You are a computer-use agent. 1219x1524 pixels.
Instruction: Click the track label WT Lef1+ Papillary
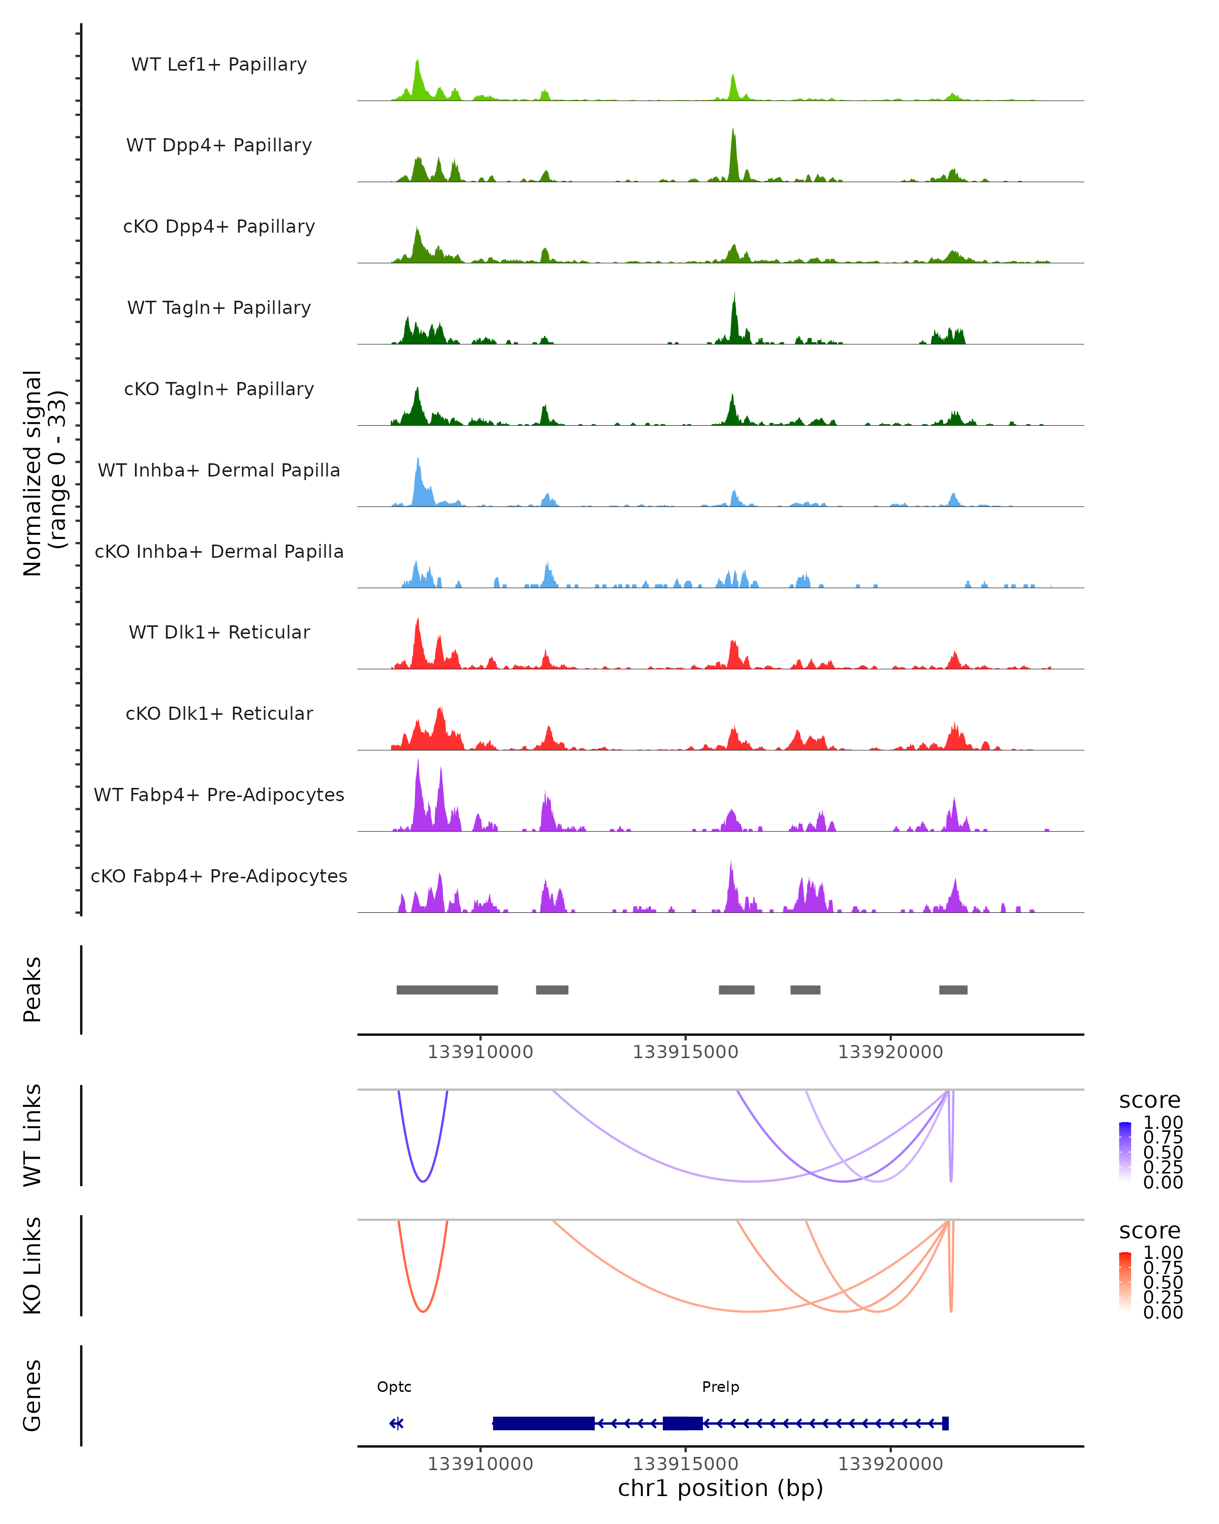[219, 65]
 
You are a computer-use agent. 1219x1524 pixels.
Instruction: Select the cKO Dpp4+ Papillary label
[219, 226]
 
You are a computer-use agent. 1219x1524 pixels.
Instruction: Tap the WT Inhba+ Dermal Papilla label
[219, 470]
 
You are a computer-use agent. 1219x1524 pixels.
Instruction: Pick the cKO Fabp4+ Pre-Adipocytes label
[219, 876]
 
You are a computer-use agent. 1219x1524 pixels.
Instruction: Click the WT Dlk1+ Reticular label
[219, 632]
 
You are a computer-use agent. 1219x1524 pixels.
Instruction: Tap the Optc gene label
[394, 1387]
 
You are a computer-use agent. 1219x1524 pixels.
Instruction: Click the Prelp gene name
[720, 1387]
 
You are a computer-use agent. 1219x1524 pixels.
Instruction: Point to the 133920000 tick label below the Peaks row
[890, 1052]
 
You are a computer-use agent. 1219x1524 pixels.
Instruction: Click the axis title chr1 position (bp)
[720, 1488]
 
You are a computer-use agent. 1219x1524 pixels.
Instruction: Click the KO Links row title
[33, 1265]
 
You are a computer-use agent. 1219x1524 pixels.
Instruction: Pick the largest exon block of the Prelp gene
[543, 1423]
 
